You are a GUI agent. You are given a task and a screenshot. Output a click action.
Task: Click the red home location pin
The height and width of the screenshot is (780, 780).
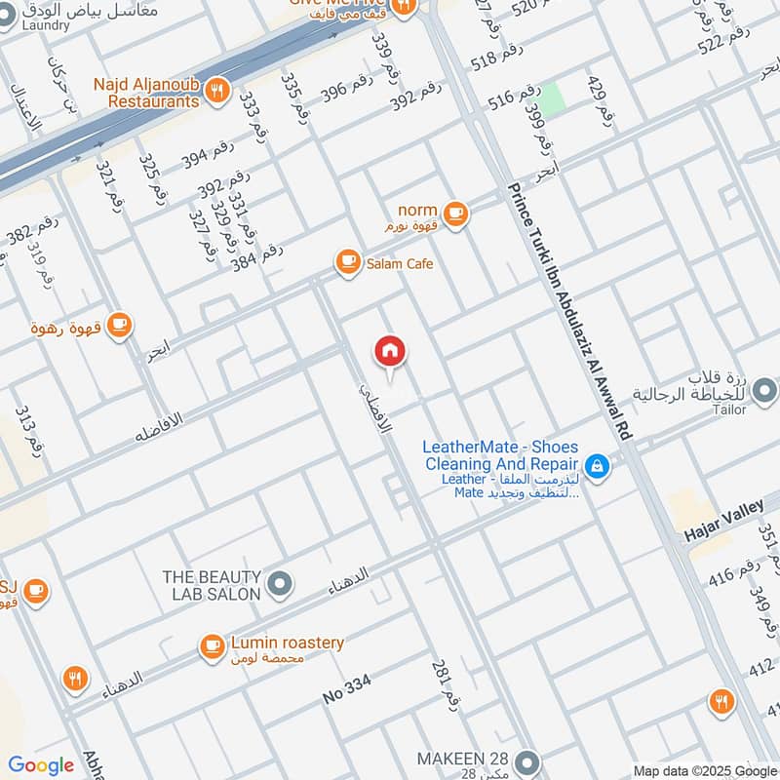(x=390, y=352)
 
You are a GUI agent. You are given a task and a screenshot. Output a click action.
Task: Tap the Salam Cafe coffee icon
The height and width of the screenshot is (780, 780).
(x=347, y=261)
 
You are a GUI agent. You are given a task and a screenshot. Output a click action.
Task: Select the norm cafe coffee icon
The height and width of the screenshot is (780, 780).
(x=454, y=213)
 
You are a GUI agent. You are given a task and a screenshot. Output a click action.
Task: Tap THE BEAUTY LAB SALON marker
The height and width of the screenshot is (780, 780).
(x=280, y=584)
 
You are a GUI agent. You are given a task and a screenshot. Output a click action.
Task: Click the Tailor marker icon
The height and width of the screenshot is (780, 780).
(x=765, y=392)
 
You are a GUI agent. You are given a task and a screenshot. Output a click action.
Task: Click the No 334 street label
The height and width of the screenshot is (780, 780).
(x=347, y=691)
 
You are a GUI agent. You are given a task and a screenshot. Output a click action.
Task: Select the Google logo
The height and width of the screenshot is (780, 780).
(x=40, y=765)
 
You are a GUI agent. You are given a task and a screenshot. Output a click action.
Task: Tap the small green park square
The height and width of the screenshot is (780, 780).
(x=553, y=97)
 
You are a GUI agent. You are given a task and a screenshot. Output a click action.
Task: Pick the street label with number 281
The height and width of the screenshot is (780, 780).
(x=444, y=682)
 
